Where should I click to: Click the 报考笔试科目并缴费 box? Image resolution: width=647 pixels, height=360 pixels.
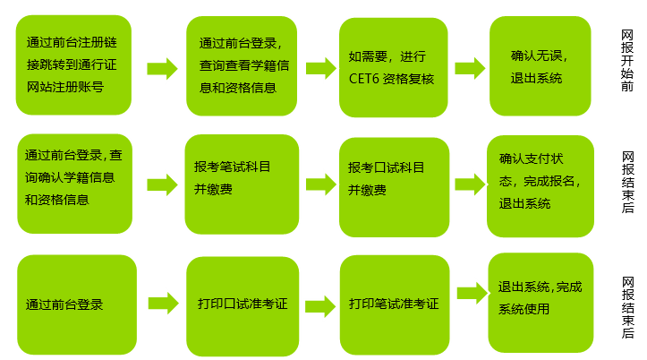point(241,177)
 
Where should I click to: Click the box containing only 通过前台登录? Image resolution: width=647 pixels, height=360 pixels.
point(74,304)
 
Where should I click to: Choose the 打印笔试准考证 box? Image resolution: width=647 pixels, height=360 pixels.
point(394,304)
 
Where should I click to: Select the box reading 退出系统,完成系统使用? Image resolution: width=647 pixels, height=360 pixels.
point(540,297)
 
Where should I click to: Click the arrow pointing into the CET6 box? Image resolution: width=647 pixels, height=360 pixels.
point(319,69)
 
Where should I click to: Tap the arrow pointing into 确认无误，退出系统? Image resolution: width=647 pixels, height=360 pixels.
point(469,69)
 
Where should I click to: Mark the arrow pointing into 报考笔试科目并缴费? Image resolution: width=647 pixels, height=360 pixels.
point(161,184)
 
